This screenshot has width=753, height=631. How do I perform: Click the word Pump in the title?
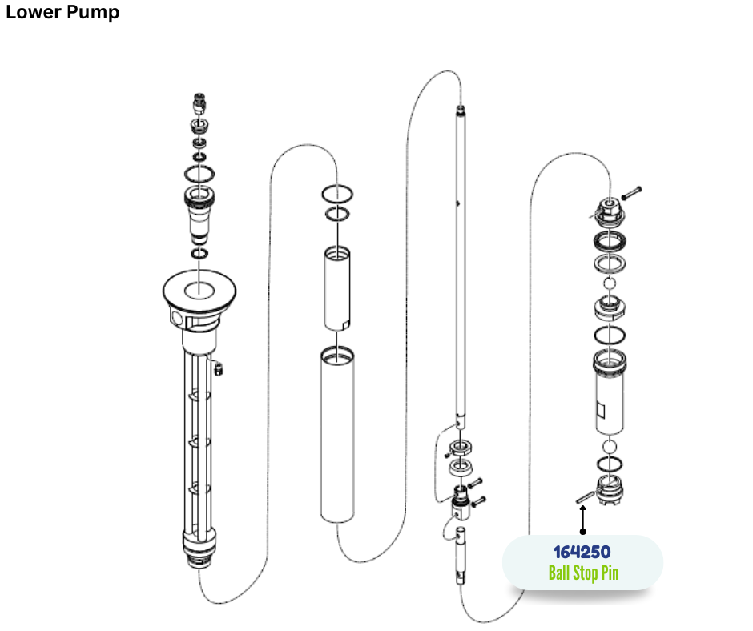[93, 13]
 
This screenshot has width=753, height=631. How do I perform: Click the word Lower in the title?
[33, 11]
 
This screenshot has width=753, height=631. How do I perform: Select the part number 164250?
[582, 553]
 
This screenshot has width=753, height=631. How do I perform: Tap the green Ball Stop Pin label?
[583, 573]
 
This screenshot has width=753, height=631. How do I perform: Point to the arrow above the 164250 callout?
[583, 520]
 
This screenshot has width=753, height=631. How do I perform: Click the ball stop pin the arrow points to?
[586, 497]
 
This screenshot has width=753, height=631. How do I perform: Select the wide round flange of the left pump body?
[199, 290]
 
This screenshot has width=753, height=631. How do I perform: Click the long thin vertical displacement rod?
[461, 264]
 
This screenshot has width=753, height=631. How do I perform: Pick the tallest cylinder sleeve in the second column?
[337, 434]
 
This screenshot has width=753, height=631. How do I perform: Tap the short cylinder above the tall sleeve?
[337, 288]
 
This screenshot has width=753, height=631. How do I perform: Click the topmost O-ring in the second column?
[337, 194]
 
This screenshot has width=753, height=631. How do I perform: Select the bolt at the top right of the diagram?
[631, 193]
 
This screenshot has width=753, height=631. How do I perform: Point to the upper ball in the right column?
[610, 283]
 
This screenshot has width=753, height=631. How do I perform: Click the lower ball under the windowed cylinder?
[610, 447]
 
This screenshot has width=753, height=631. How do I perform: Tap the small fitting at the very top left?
[199, 103]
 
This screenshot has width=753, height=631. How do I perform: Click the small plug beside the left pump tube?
[219, 369]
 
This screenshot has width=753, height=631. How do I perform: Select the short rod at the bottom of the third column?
[461, 555]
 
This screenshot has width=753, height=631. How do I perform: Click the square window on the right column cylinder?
[600, 410]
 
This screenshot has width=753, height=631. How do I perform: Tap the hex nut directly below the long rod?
[460, 448]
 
